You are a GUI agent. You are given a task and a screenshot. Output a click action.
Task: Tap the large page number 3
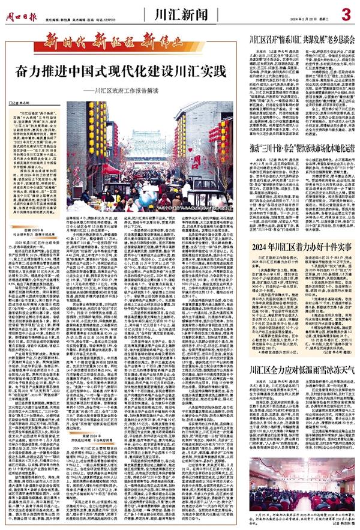(x=346, y=12)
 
